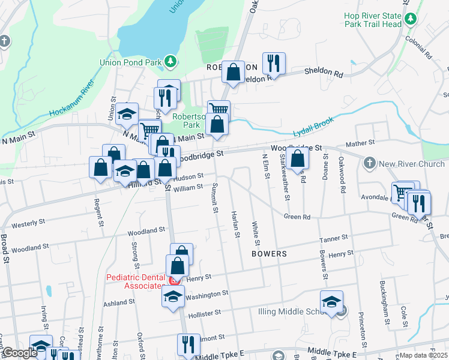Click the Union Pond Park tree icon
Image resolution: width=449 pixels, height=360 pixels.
coord(171,61)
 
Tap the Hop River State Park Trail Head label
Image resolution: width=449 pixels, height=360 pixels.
coord(372,20)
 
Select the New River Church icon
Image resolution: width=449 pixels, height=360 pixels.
coord(369,163)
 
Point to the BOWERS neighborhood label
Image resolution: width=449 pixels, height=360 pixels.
coord(269,254)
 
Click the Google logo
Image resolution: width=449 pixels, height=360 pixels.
coord(19,353)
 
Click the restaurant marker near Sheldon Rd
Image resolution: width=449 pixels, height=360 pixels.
coord(274,62)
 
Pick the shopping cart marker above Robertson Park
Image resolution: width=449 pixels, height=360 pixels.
coord(219,110)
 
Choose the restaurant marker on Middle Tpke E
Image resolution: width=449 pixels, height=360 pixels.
coord(188,344)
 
